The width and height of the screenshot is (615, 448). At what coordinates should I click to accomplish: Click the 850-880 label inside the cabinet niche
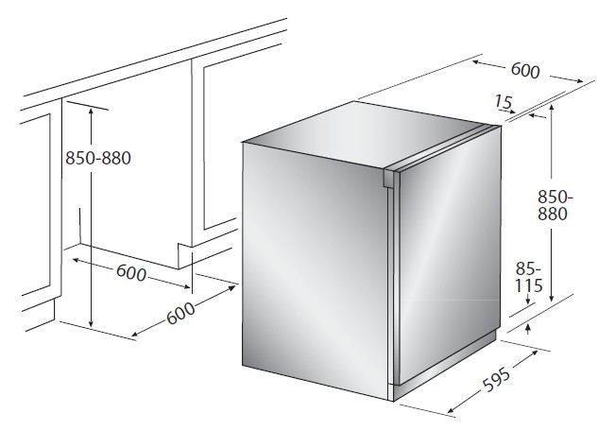coord(98,158)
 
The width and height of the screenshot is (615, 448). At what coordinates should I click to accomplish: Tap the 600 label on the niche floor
coord(131,272)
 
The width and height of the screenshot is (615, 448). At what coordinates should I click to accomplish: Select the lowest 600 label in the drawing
coord(180,313)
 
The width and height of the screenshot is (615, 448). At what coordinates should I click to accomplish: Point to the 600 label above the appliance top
coord(525,71)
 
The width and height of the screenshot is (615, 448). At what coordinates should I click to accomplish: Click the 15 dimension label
coord(504,102)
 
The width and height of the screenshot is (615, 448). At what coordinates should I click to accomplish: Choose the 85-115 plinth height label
coord(529,278)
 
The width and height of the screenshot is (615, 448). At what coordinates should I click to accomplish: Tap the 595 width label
coord(497,380)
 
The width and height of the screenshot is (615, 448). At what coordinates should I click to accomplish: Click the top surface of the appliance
coord(365,132)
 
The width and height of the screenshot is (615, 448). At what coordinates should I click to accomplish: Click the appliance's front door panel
coord(449,251)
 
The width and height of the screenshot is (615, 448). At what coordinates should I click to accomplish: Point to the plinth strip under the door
coord(445,364)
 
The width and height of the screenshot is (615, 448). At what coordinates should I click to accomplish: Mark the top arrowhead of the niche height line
coord(91,111)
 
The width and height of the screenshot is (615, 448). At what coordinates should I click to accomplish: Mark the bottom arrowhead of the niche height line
coord(91,322)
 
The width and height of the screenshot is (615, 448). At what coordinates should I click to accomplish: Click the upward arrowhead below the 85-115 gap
coord(528,328)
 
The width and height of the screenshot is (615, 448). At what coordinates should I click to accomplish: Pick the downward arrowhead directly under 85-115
coord(528,301)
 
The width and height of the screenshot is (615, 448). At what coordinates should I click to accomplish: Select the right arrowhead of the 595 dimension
coord(534,353)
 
